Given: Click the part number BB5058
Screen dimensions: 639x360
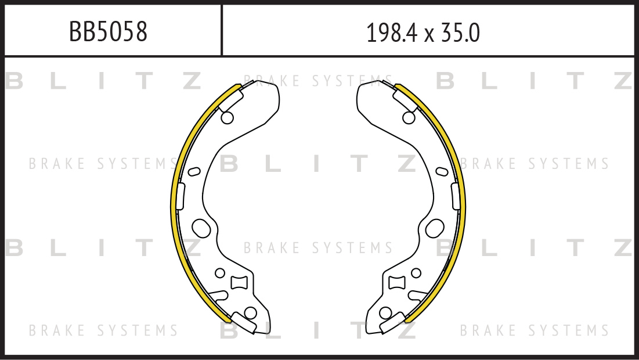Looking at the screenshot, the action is pos(108,31).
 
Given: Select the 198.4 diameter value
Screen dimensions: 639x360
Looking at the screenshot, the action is pos(392,33).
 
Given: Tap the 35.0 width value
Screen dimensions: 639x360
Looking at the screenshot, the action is pos(460,33).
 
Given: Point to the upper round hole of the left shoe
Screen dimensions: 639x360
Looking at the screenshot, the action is pos(227,118).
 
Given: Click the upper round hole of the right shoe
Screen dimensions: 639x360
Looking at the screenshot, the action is pos(409,118).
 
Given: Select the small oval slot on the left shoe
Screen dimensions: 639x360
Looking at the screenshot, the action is pos(194,172).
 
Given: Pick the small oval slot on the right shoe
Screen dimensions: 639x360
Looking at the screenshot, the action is pos(442,172).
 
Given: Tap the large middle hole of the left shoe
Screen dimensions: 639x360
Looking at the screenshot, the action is pos(201,228).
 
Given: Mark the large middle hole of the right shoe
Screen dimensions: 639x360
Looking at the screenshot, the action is pos(435,228).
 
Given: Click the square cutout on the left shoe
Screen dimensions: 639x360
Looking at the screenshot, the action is pos(239,283).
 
